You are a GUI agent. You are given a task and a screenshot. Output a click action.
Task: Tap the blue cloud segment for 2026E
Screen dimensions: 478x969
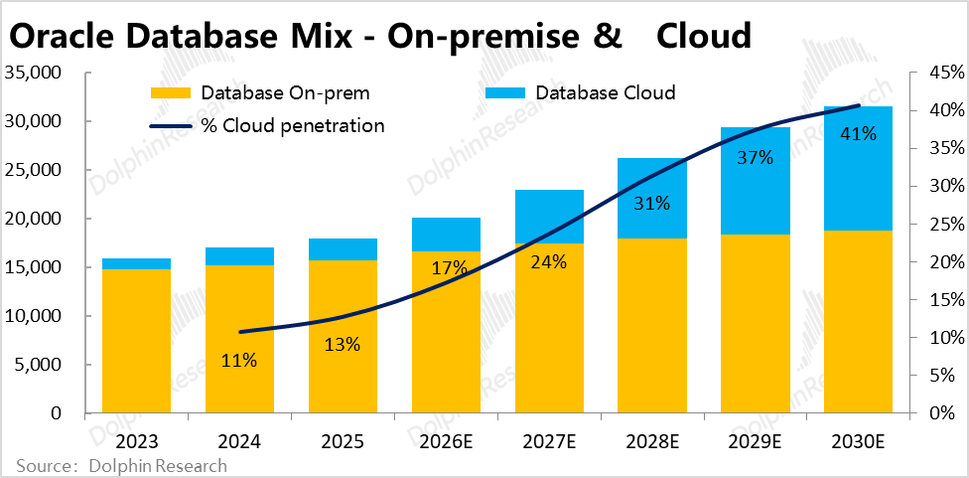coord(446,235)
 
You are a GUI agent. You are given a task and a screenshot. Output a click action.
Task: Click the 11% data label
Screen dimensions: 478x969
coord(239,361)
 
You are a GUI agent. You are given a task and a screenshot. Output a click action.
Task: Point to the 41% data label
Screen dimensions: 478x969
coord(858,133)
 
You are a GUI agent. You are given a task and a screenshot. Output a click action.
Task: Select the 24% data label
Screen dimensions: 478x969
coord(548,262)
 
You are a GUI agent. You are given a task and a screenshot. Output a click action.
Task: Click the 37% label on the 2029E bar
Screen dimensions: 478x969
coord(755,158)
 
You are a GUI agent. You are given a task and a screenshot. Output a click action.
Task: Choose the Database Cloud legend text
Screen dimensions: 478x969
coord(605,93)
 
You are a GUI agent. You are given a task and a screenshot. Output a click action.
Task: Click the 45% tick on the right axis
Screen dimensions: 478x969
coord(936,73)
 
